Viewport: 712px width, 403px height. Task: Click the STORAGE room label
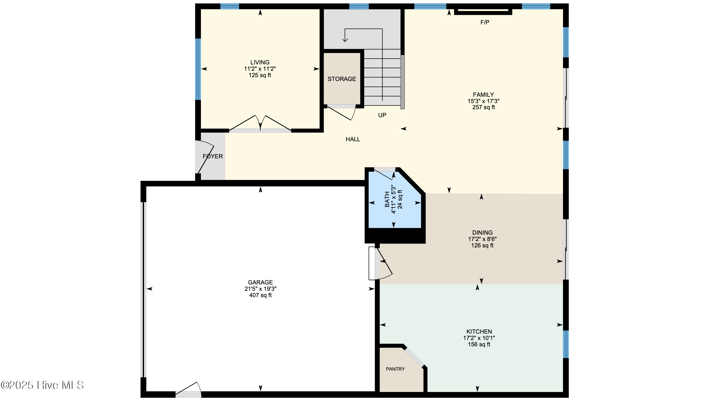click(342, 79)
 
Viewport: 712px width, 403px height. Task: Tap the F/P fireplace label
click(485, 22)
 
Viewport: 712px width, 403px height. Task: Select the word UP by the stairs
click(382, 115)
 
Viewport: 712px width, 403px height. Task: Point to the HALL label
click(353, 139)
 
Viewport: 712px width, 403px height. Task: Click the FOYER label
click(212, 156)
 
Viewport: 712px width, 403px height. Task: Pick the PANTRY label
click(395, 369)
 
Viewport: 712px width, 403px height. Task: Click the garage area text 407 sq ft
click(260, 295)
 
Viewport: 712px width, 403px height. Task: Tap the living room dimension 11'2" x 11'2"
click(260, 69)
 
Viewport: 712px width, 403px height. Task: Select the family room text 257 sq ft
click(483, 108)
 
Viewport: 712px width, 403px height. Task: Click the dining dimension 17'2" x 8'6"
click(482, 239)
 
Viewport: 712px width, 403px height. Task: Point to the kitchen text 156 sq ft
click(479, 345)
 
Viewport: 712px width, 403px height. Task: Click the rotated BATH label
click(387, 200)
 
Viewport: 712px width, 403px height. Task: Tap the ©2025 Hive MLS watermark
click(42, 385)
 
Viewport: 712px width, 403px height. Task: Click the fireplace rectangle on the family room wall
click(483, 12)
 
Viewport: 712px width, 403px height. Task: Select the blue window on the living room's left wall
click(198, 69)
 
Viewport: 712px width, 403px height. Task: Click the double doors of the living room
click(260, 124)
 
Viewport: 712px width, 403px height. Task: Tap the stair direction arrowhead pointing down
click(345, 40)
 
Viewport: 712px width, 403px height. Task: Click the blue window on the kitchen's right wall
click(566, 344)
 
